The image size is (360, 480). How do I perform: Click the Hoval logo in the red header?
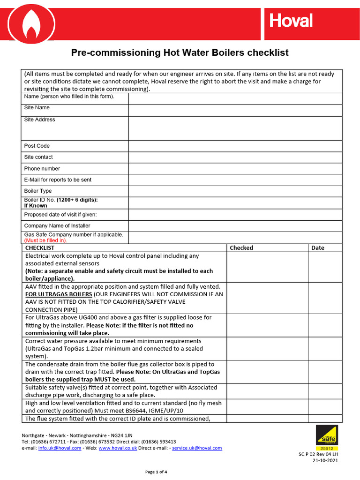click(291, 21)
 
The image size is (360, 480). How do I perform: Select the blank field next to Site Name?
click(235, 110)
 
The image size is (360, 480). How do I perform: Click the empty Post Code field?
click(235, 146)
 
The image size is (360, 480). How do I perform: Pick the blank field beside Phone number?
click(235, 168)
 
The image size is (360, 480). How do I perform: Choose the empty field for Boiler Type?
click(235, 191)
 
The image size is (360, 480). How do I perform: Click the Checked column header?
click(241, 248)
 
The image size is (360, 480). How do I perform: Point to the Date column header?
click(318, 248)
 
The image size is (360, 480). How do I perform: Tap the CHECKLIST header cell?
click(40, 248)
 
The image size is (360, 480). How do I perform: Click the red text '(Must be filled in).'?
click(45, 240)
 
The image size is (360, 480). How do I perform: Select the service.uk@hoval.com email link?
click(197, 448)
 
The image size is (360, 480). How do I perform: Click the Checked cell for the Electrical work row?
click(267, 267)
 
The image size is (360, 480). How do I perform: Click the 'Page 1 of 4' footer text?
click(156, 472)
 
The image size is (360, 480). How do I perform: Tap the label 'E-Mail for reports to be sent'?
click(58, 180)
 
